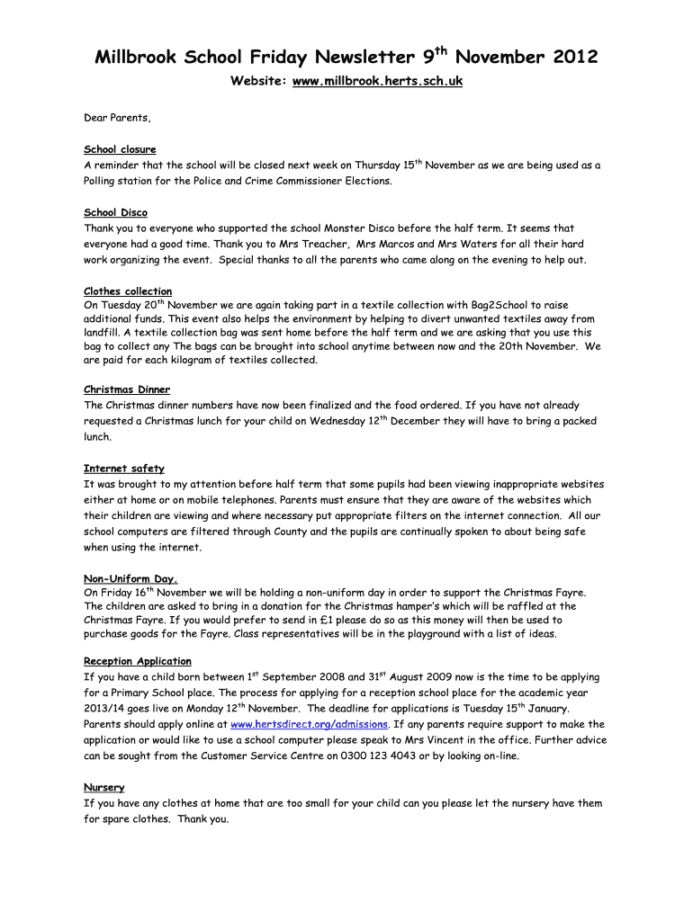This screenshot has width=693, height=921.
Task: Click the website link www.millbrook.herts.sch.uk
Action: coord(378,82)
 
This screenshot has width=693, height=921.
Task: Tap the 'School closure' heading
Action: coord(120,149)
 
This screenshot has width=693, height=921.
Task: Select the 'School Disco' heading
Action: coord(115,212)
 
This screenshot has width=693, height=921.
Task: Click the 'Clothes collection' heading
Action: coord(128,291)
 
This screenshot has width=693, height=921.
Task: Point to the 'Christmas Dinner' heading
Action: coord(128,389)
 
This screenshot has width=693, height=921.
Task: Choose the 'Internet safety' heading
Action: coord(124,469)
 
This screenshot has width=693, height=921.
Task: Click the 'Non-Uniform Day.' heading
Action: coord(130,579)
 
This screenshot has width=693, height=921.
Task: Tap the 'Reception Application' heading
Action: coord(138,661)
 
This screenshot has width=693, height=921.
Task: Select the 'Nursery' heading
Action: coord(104,787)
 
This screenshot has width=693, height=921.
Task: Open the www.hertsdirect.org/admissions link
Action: coord(310,724)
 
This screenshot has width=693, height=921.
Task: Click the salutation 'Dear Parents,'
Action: coord(118,118)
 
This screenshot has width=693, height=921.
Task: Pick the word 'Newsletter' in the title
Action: coord(364,58)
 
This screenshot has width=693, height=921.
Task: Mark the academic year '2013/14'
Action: coord(104,709)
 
